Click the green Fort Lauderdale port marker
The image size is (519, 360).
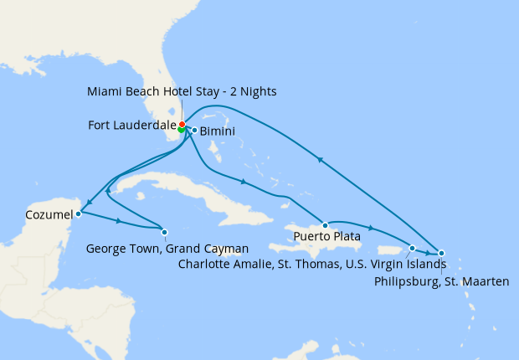point(182,129)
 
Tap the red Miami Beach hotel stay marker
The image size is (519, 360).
point(182,124)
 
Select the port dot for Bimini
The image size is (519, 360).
point(194,130)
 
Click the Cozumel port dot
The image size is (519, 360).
point(78,213)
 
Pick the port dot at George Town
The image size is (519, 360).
point(164,232)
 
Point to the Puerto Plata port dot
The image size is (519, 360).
point(326,225)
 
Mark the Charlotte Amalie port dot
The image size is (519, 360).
point(412,248)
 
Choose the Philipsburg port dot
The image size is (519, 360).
point(441,253)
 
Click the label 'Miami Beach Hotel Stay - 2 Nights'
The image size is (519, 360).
point(181,90)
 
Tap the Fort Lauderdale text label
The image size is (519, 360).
point(131,126)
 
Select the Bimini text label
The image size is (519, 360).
point(218,131)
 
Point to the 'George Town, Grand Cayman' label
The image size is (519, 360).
point(167,249)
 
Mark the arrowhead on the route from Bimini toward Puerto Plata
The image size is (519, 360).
point(243,182)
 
